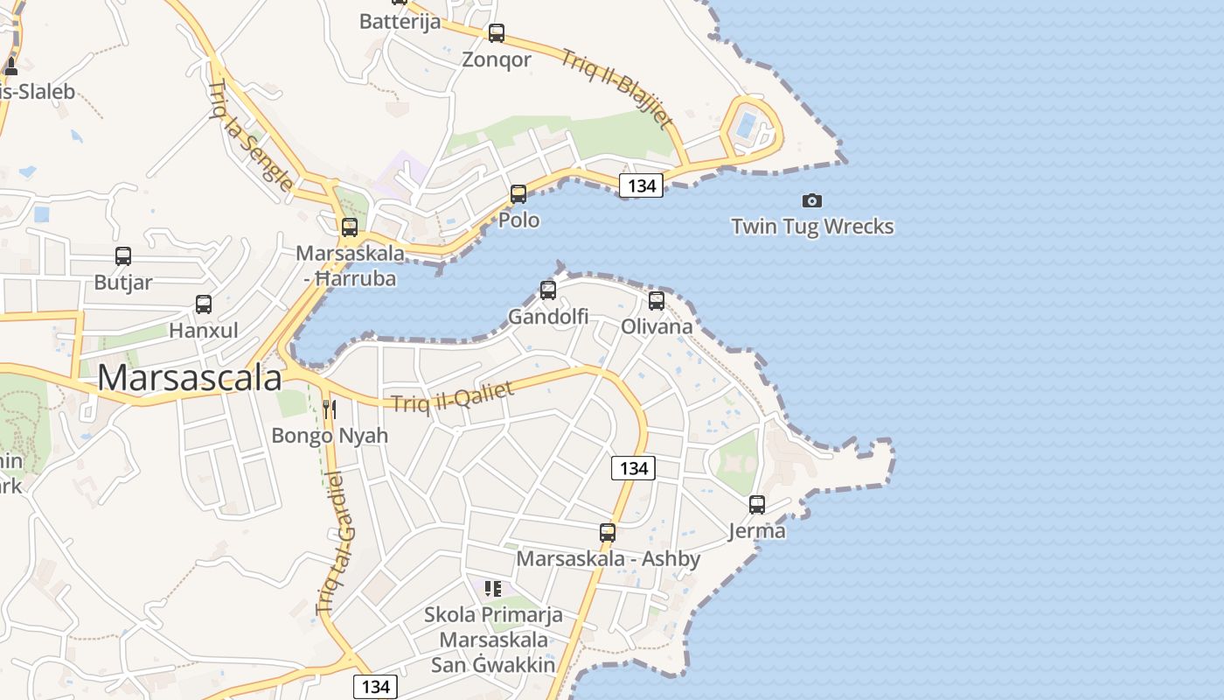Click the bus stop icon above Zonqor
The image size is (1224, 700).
[x=497, y=33]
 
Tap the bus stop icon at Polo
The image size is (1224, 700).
[x=518, y=193]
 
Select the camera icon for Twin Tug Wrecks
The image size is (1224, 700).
[x=812, y=200]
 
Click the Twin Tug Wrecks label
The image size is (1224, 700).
[x=812, y=227]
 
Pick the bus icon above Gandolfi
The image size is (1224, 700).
[x=548, y=290]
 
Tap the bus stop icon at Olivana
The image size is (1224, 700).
[x=657, y=300]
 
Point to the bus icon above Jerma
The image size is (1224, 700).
[x=757, y=504]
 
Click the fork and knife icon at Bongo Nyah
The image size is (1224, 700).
[x=330, y=409]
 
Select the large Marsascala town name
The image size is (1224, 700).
[x=190, y=378]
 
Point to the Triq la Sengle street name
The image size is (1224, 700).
[x=250, y=135]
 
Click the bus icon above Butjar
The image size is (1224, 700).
[x=123, y=256]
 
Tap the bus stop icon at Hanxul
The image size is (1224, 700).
[x=204, y=304]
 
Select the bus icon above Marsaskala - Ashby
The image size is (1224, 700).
[x=608, y=532]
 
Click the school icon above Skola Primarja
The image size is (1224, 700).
[x=493, y=589]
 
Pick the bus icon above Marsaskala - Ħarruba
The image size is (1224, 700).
[x=350, y=227]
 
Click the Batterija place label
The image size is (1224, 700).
[x=400, y=22]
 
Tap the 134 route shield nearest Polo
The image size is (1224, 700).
[x=641, y=185]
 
